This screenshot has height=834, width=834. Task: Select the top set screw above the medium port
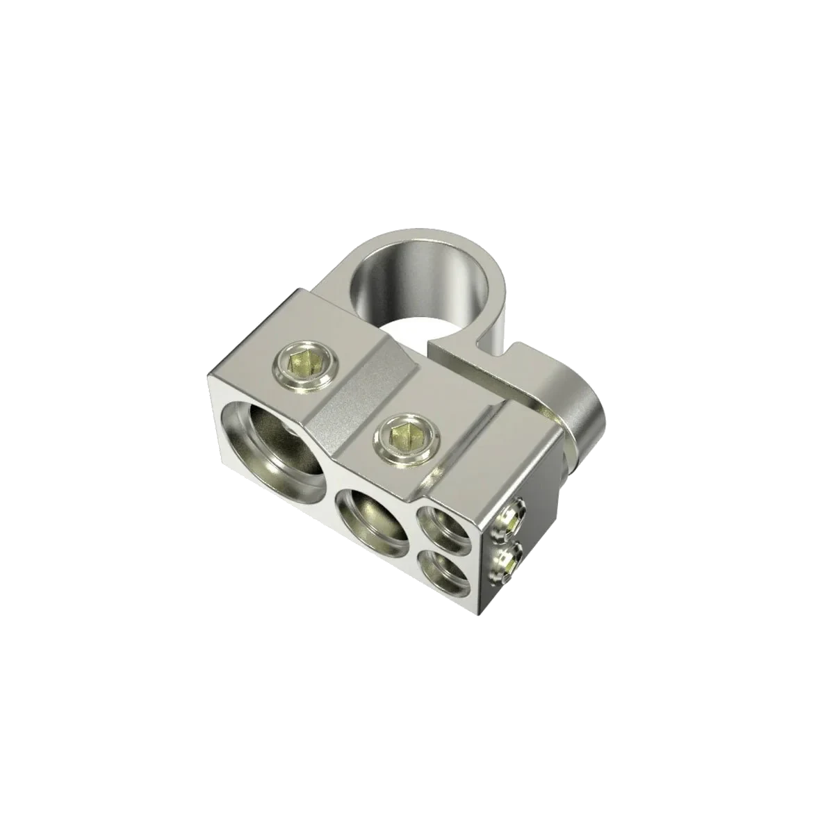[x=403, y=436]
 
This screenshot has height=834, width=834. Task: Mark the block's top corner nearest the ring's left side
[x=300, y=288]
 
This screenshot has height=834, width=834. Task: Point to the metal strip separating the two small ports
[x=445, y=544]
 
